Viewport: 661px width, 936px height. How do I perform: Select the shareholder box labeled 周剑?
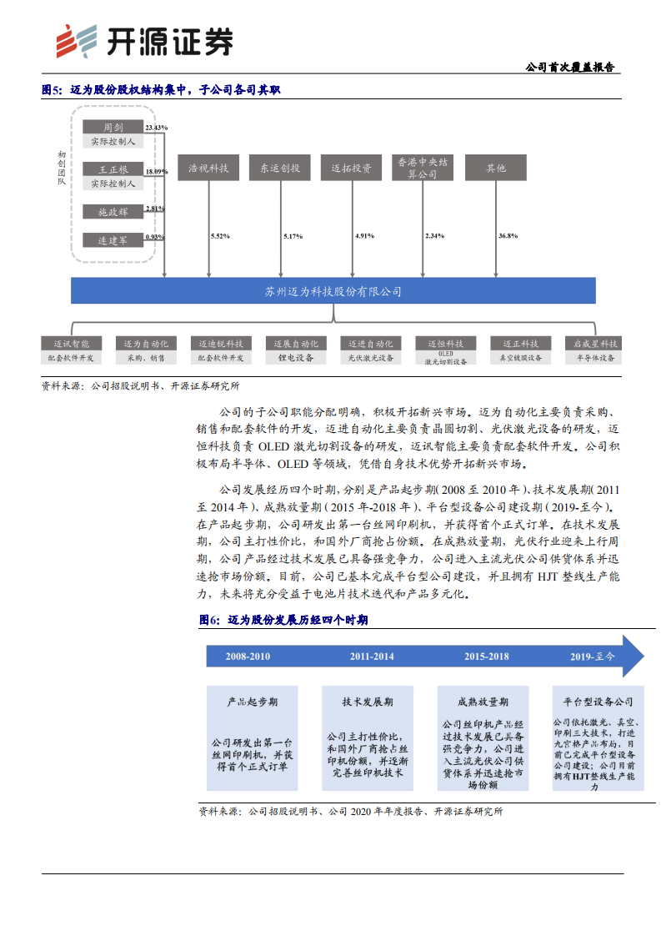(x=113, y=128)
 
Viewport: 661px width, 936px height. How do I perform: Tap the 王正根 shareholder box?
(x=113, y=169)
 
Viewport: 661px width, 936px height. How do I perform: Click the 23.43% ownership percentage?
(x=156, y=128)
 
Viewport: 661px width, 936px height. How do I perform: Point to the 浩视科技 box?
(x=209, y=169)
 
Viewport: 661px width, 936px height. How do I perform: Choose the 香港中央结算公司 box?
(x=423, y=169)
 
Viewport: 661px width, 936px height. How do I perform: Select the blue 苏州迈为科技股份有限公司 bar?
(x=333, y=291)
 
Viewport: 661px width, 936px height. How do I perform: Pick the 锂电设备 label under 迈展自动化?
(x=295, y=358)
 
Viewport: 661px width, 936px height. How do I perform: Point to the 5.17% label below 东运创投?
(x=293, y=237)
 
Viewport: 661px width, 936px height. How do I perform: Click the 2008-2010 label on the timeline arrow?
(x=248, y=657)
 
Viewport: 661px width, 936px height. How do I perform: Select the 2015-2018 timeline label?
(x=486, y=657)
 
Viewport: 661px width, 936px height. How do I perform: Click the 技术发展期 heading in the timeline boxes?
(x=367, y=702)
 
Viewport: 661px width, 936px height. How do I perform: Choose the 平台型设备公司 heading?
(x=598, y=702)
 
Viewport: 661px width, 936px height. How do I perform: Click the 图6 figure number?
(x=208, y=621)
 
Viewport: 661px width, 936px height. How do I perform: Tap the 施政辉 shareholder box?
(x=113, y=212)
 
